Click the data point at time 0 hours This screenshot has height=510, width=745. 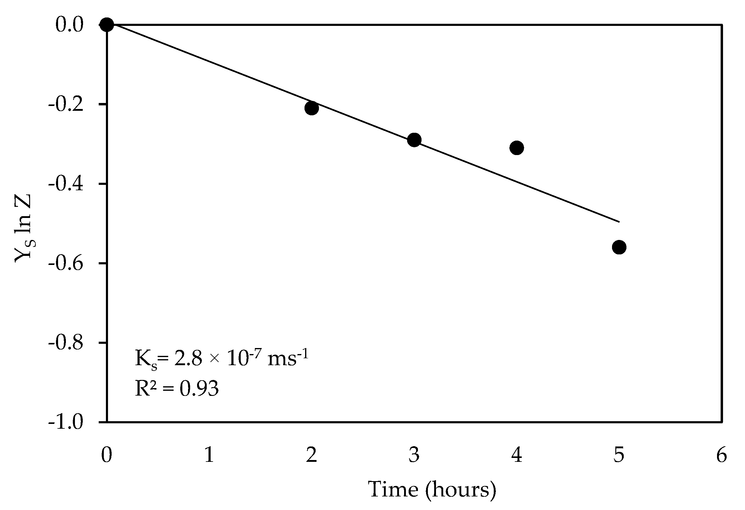click(107, 24)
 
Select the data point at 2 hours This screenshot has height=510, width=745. click(312, 108)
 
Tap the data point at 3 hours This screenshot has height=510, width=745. click(414, 140)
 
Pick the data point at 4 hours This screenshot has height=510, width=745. click(517, 148)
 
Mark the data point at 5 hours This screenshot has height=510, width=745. click(619, 247)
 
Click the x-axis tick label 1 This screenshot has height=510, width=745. click(209, 455)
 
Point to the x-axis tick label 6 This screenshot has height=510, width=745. click(722, 455)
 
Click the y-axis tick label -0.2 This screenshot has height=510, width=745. click(66, 104)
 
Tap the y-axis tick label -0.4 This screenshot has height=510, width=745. click(66, 184)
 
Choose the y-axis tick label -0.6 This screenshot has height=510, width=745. click(66, 264)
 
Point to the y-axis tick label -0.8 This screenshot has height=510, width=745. click(66, 343)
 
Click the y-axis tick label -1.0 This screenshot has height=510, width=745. click(66, 422)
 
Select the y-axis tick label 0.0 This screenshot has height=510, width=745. click(69, 25)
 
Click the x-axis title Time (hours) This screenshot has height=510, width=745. click(432, 490)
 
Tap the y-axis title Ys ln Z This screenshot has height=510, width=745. click(23, 228)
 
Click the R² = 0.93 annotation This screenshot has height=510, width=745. click(177, 388)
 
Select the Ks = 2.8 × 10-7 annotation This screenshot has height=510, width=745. click(221, 358)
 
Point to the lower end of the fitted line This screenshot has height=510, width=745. click(619, 221)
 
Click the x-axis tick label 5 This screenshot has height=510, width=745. click(619, 455)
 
